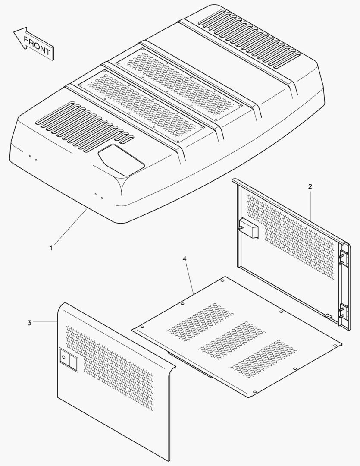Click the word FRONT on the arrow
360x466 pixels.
tap(37, 46)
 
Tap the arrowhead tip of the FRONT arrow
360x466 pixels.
tap(14, 32)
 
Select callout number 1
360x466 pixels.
tap(51, 248)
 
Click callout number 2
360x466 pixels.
tap(310, 187)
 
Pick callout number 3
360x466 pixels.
tap(29, 323)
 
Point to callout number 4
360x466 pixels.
tap(185, 259)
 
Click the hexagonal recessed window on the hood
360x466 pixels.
tap(121, 160)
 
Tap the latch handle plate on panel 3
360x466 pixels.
tap(68, 359)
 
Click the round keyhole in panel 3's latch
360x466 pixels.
tap(63, 357)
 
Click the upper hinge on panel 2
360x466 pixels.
tap(342, 258)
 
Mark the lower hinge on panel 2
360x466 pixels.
tap(342, 312)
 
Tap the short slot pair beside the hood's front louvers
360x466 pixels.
tap(127, 139)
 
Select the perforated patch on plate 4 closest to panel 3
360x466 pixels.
tap(200, 322)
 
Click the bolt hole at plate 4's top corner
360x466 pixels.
tap(223, 280)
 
